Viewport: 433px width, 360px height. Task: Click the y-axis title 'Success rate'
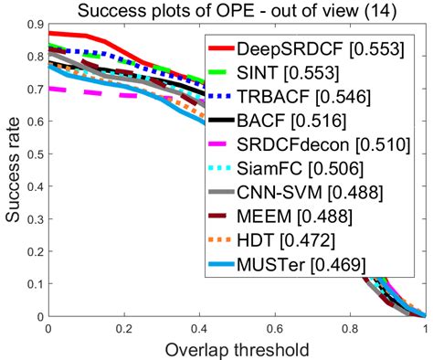point(12,169)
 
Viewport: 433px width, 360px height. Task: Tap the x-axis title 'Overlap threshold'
point(237,349)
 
